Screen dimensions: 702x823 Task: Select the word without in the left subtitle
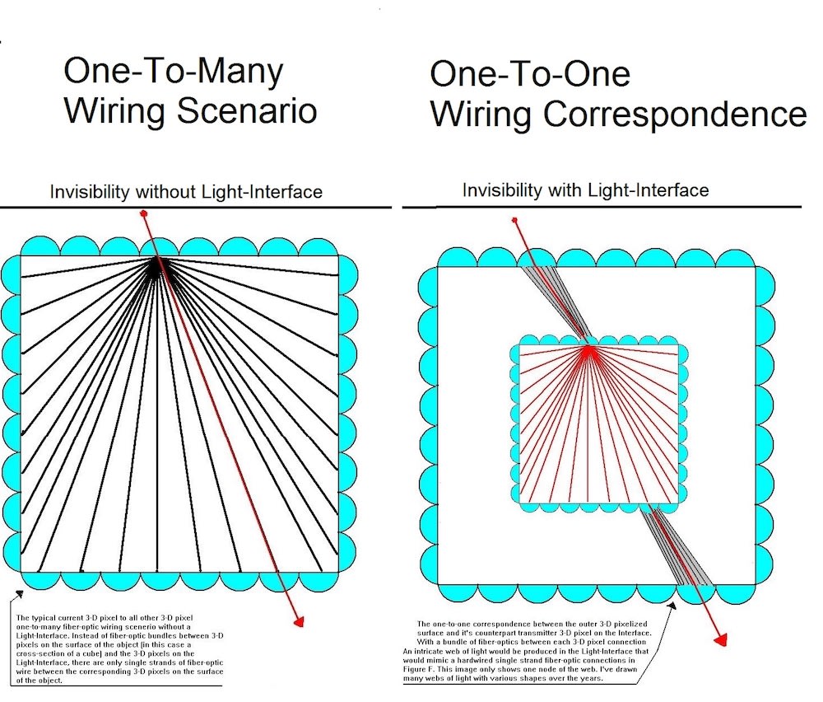click(169, 192)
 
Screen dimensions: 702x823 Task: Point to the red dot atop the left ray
click(145, 213)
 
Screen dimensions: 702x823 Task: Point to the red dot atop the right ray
click(514, 220)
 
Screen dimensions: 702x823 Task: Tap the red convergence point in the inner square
click(588, 350)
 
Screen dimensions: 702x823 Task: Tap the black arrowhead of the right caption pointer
click(674, 605)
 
